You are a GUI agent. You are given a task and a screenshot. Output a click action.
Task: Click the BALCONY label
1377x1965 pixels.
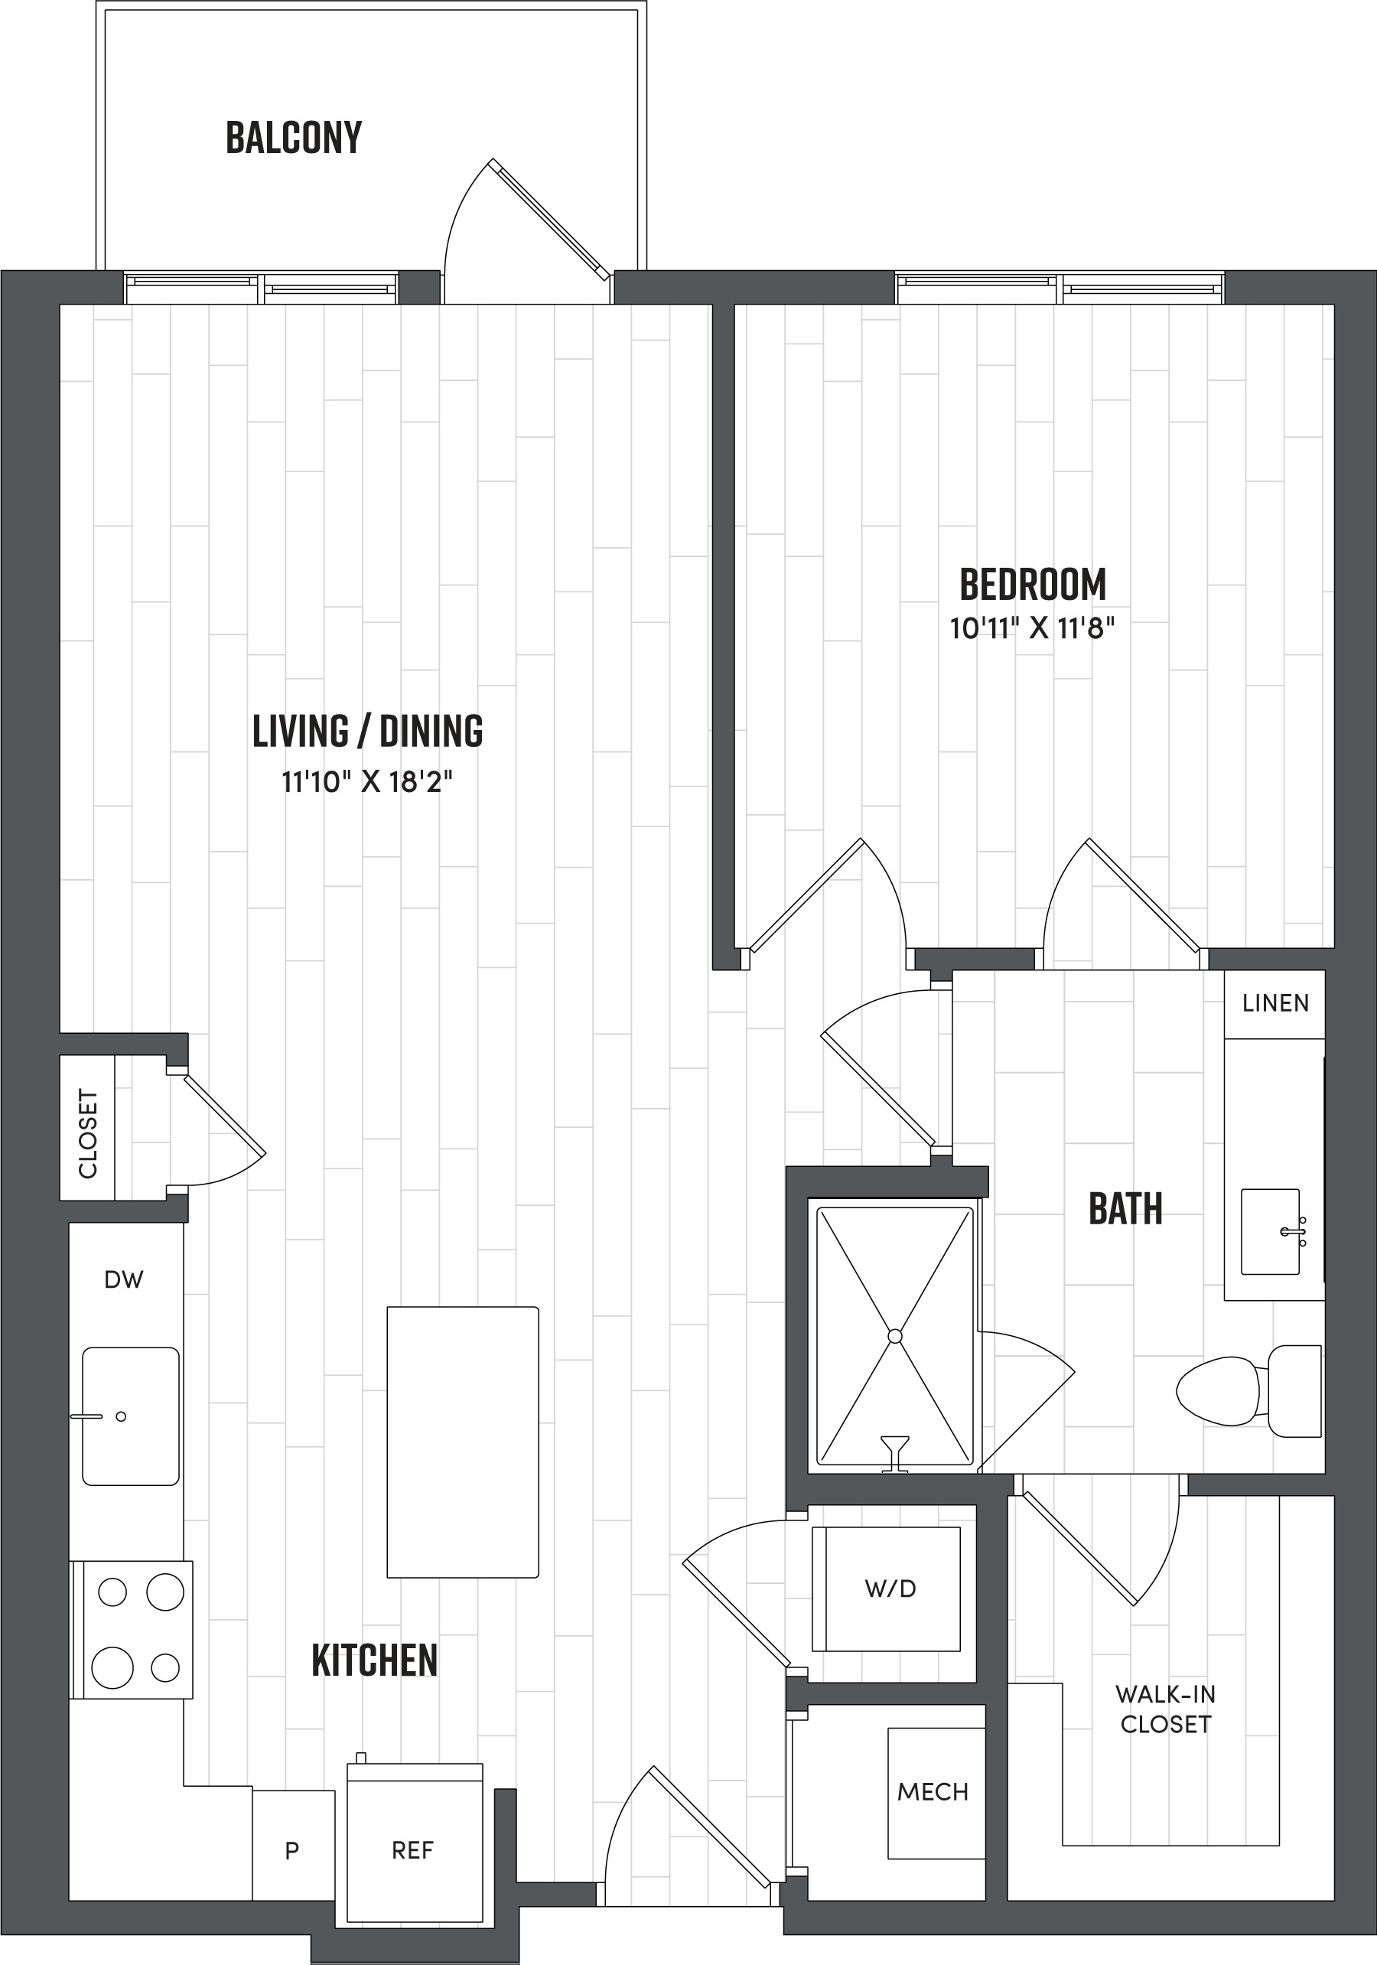(x=294, y=138)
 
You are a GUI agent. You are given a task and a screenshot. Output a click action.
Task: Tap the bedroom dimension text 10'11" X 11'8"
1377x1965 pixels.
(x=1032, y=628)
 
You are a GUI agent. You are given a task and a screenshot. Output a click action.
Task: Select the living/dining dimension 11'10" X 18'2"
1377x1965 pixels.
(x=367, y=781)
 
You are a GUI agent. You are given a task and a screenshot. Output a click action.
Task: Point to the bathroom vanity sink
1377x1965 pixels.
(x=1271, y=1231)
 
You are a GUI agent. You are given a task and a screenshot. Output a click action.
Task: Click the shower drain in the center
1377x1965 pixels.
(x=895, y=1336)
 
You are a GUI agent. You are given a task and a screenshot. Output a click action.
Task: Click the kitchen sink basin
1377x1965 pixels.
(x=130, y=1416)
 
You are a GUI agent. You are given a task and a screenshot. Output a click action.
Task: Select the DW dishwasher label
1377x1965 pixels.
(x=123, y=1279)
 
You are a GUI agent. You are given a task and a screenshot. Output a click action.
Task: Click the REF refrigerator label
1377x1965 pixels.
(x=412, y=1850)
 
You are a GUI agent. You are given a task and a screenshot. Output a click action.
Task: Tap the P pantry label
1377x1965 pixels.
(x=291, y=1850)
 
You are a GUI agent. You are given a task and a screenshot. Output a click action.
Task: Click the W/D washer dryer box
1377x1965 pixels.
(x=890, y=1589)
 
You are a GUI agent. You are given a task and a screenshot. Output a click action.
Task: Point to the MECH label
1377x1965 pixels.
(x=933, y=1791)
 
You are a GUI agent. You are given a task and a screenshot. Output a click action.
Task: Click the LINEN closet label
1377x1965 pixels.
(x=1275, y=1003)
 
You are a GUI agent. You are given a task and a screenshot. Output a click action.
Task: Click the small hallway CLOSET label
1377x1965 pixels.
(x=87, y=1133)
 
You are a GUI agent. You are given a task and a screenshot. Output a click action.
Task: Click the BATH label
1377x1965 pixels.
(x=1125, y=1209)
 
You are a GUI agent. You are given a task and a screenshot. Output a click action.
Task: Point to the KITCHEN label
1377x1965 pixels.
(x=374, y=1661)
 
